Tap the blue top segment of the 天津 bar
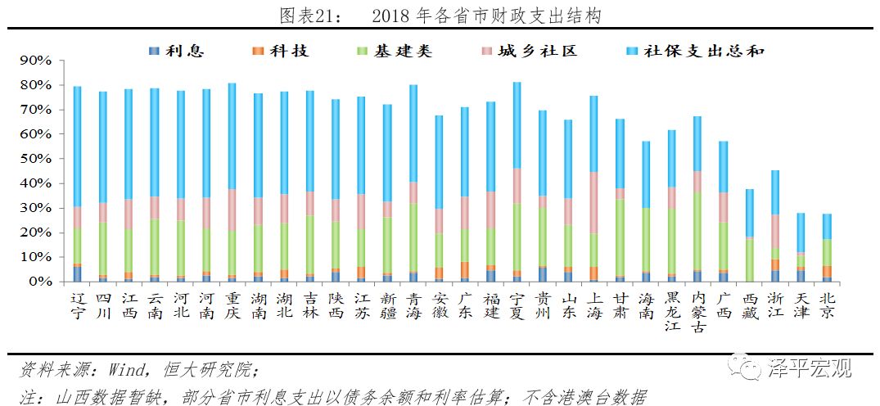click(x=801, y=232)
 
